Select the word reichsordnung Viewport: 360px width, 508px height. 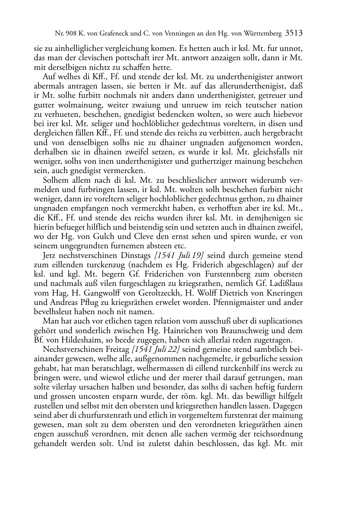click(x=275, y=434)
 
